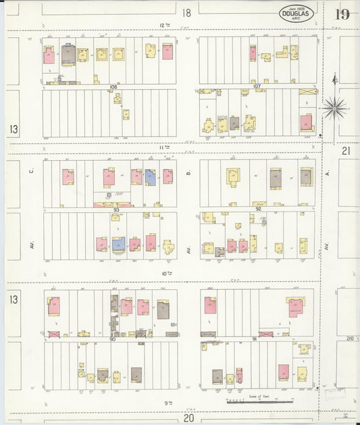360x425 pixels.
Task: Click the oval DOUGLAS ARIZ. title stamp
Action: point(297,14)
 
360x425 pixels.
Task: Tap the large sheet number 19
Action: point(342,14)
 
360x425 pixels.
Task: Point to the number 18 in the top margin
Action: point(186,12)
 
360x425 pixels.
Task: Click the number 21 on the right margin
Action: point(346,151)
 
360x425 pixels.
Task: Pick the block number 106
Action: point(113,87)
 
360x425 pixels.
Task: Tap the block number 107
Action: point(257,86)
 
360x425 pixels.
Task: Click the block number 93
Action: point(116,209)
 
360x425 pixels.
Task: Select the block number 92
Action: point(259,209)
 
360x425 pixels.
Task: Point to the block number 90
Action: point(112,339)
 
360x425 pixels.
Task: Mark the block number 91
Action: point(254,338)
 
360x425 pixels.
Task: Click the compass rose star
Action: point(334,107)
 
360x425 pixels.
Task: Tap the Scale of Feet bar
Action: point(253,401)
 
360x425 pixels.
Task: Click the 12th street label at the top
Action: point(163,25)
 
